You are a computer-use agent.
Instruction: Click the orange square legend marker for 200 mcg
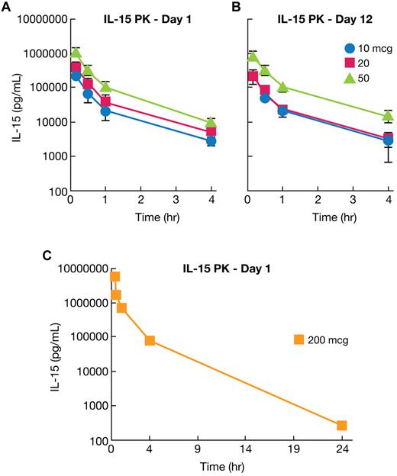click(x=301, y=339)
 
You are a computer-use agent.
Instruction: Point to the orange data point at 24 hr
click(x=341, y=425)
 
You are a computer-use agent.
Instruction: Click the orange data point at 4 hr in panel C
click(x=150, y=340)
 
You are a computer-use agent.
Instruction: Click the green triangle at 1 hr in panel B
click(x=282, y=87)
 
